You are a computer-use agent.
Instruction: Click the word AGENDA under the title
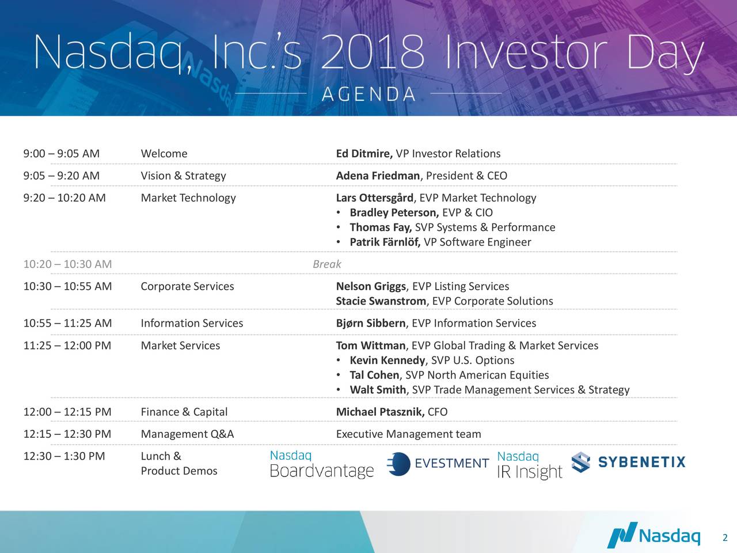(368, 94)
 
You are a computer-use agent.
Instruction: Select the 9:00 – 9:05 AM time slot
(62, 154)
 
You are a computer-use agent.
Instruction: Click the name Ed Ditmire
(364, 154)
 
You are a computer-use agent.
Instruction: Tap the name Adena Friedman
(378, 176)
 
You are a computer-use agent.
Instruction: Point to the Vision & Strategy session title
(183, 176)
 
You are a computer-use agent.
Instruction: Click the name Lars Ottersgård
(374, 198)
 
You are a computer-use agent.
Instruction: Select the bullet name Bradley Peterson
(394, 213)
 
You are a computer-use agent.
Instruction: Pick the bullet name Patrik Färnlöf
(385, 243)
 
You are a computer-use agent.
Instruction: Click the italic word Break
(326, 264)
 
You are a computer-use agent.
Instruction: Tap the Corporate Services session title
(187, 287)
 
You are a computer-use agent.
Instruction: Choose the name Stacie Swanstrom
(381, 301)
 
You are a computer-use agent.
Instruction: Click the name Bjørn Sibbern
(371, 323)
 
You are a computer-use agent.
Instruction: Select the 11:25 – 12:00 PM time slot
(67, 346)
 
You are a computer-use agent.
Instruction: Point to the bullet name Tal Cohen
(374, 376)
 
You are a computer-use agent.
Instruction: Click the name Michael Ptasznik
(380, 412)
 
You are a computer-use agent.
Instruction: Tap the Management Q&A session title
(187, 434)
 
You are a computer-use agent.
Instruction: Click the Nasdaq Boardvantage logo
(322, 464)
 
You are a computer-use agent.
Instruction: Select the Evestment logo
(438, 464)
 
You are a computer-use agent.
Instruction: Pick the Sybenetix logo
(628, 463)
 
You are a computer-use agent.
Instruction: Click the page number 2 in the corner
(725, 539)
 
